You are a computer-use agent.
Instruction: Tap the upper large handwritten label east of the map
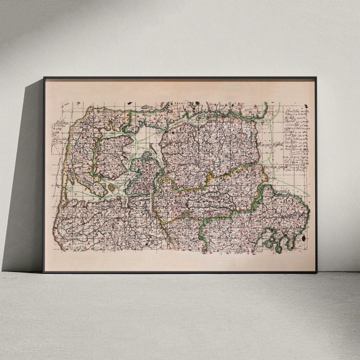click(272, 145)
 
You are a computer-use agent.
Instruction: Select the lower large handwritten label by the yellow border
click(273, 168)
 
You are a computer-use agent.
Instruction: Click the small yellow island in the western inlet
click(109, 187)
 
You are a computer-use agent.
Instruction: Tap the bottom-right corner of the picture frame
click(316, 272)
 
